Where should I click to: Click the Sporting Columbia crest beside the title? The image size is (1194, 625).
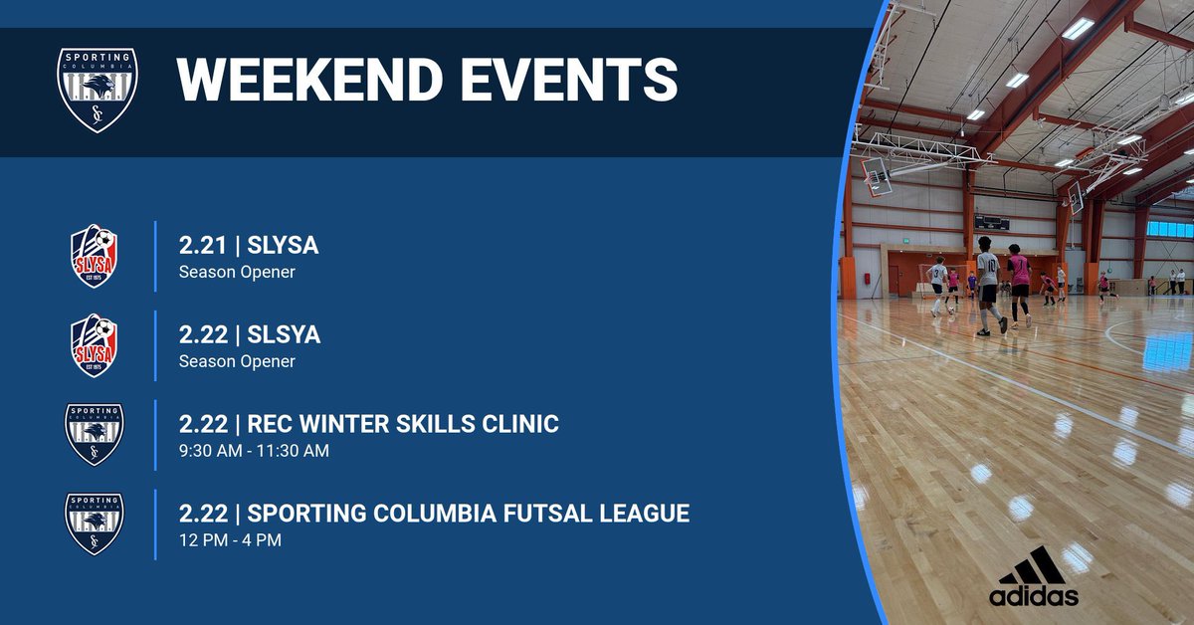97,90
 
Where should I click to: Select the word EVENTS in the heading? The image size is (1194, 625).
574,81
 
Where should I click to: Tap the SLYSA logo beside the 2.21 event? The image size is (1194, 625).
95,256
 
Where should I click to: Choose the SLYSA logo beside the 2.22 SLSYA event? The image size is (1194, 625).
95,345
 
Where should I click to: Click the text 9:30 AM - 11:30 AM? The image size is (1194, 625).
254,451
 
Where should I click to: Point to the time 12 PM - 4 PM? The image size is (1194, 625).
230,540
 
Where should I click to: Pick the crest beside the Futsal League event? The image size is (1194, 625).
95,523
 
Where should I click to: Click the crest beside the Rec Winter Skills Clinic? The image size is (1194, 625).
95,434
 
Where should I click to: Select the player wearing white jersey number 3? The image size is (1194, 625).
937,284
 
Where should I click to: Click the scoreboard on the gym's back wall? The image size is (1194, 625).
991,223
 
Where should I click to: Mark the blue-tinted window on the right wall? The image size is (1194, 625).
1169,229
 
